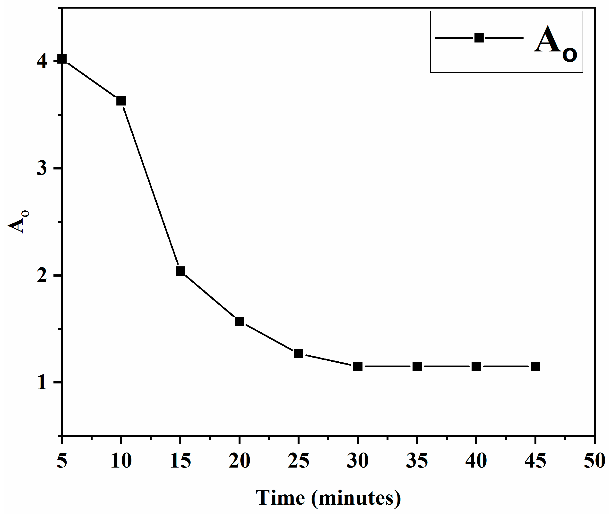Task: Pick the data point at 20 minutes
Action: [x=239, y=321]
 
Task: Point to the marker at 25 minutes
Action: [x=298, y=353]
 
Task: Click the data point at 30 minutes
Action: [x=358, y=366]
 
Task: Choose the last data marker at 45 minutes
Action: [x=535, y=366]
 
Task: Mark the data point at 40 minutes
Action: [x=476, y=366]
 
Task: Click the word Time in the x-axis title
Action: [x=280, y=498]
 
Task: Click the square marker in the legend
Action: [x=479, y=38]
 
